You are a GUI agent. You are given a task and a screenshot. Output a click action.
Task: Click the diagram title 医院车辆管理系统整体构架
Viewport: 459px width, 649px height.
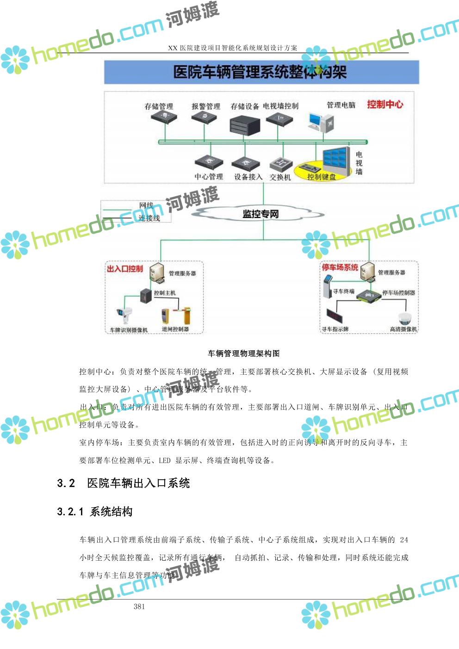260,72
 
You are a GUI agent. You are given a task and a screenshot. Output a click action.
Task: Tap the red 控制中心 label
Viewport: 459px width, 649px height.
385,105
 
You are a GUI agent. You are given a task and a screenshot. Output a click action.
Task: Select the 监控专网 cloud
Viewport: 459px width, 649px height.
261,214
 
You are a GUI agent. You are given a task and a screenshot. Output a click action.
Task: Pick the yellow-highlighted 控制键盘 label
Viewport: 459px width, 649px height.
321,177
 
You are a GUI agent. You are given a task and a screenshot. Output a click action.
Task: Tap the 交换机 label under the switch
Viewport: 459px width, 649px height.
280,177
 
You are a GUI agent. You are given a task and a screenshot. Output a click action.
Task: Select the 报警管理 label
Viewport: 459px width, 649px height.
206,106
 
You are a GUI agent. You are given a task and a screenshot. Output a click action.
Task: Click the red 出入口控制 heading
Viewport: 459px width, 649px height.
125,269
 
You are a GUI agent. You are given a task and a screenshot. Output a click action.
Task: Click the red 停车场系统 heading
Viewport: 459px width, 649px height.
340,267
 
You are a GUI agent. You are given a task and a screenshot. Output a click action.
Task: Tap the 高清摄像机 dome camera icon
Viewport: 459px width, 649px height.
406,318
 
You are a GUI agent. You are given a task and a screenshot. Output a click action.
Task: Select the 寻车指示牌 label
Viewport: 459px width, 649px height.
335,329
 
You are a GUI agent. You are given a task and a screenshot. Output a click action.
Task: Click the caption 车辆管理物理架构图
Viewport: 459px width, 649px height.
244,353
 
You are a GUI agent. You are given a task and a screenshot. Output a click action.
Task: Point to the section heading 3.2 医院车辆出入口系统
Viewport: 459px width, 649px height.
124,483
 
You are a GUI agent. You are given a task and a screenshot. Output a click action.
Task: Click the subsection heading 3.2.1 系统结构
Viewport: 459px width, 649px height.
95,512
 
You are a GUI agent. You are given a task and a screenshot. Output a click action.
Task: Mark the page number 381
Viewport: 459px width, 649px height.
139,606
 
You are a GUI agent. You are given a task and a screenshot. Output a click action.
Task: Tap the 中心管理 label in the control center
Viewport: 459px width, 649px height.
209,177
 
